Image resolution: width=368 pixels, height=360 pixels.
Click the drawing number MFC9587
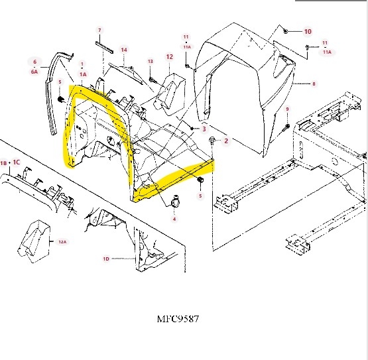(x=178, y=319)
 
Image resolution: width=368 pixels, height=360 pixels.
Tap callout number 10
(x=308, y=31)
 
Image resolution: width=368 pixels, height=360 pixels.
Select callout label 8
(x=314, y=84)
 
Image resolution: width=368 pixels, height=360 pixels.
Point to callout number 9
(x=287, y=109)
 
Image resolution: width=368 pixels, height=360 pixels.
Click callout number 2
(x=226, y=141)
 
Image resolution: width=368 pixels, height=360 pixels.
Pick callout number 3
(x=204, y=129)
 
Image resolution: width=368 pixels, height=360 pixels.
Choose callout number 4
(x=174, y=219)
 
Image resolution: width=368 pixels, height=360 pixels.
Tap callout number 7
(x=99, y=30)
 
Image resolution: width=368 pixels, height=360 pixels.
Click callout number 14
(x=124, y=50)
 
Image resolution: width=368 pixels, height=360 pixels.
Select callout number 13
(x=151, y=62)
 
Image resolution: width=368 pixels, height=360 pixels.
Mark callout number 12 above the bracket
(x=170, y=57)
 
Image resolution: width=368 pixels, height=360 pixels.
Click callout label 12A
(x=62, y=242)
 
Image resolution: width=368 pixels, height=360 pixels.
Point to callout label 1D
(x=106, y=259)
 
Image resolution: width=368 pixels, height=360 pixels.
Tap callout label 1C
(x=17, y=162)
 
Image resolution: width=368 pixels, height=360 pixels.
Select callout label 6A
(x=34, y=72)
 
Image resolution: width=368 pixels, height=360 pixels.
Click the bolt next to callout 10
(x=286, y=31)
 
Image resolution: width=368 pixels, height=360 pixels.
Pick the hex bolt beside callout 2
(x=212, y=140)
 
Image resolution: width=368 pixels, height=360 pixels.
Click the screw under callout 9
(x=286, y=128)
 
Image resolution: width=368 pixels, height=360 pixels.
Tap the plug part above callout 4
(x=175, y=202)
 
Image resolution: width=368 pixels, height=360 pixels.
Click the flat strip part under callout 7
(x=104, y=47)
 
